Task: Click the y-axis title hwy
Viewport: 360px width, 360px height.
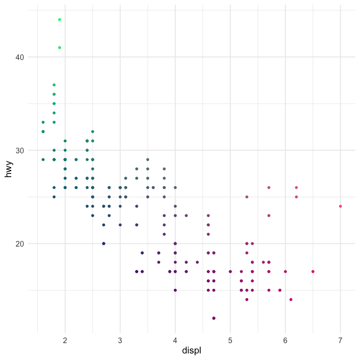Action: pyautogui.click(x=8, y=169)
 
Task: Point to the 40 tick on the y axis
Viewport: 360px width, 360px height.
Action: pyautogui.click(x=28, y=57)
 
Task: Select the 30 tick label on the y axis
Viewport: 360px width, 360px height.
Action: pyautogui.click(x=28, y=150)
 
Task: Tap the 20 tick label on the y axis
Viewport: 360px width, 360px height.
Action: pyautogui.click(x=28, y=244)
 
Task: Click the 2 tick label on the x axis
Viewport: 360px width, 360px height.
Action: pyautogui.click(x=65, y=339)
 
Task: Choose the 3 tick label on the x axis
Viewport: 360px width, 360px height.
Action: pyautogui.click(x=120, y=339)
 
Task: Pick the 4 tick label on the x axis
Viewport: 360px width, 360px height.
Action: pyautogui.click(x=175, y=339)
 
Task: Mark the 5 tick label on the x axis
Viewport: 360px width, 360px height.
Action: pyautogui.click(x=230, y=339)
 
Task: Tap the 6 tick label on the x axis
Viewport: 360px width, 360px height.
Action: pyautogui.click(x=285, y=339)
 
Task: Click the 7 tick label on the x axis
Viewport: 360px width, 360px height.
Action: pyautogui.click(x=340, y=339)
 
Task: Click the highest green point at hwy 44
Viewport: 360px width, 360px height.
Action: pyautogui.click(x=60, y=20)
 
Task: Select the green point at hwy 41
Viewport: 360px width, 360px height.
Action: pyautogui.click(x=60, y=47)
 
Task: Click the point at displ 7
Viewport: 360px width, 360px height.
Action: pyautogui.click(x=340, y=206)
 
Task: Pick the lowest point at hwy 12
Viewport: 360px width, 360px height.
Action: pyautogui.click(x=214, y=318)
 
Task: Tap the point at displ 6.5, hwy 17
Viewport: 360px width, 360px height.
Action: pyautogui.click(x=313, y=271)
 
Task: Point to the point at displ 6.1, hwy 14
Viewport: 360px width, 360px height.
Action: pyautogui.click(x=291, y=300)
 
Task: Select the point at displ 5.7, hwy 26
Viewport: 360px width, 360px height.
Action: pyautogui.click(x=269, y=187)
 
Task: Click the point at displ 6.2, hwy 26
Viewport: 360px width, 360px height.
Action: pyautogui.click(x=296, y=187)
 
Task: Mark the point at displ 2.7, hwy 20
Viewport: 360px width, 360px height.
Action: pyautogui.click(x=104, y=243)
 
